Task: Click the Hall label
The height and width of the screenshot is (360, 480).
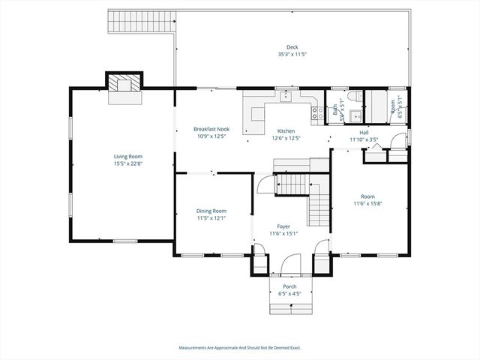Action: (364, 132)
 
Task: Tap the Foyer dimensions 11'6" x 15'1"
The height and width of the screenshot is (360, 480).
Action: (283, 232)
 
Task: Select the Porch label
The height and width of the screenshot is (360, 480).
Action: (289, 286)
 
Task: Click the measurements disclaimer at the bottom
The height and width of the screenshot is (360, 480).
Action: (240, 347)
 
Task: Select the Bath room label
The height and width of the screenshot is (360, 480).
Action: (334, 111)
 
